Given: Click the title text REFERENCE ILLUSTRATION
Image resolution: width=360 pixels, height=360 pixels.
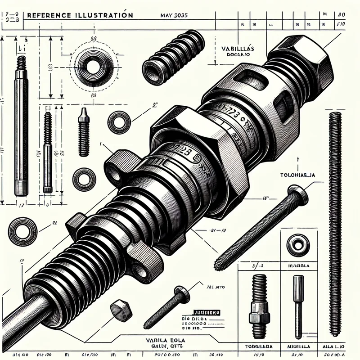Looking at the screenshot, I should click(x=80, y=15).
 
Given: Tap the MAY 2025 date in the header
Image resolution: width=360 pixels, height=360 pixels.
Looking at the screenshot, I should click(x=174, y=15).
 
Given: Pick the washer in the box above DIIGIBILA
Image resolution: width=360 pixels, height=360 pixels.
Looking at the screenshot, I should click(x=297, y=245).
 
